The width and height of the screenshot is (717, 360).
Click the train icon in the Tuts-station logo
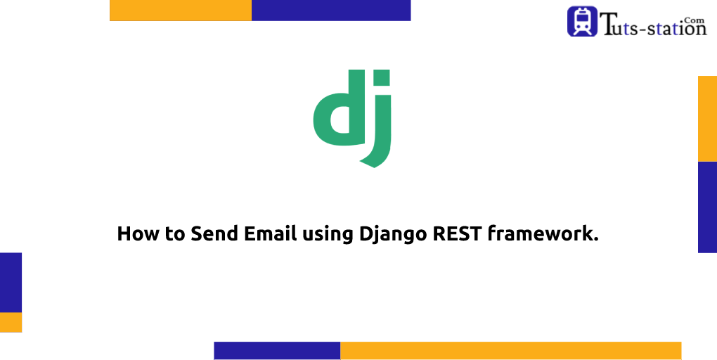pyautogui.click(x=582, y=21)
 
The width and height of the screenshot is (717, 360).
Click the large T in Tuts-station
pyautogui.click(x=609, y=25)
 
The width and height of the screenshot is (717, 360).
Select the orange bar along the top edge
pyautogui.click(x=181, y=10)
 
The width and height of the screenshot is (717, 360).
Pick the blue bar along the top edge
pyautogui.click(x=331, y=10)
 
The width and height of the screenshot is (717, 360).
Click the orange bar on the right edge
pyautogui.click(x=707, y=118)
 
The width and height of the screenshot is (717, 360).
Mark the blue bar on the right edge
pyautogui.click(x=707, y=207)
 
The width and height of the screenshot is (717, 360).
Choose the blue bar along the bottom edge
pyautogui.click(x=277, y=350)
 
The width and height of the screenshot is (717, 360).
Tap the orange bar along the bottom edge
pyautogui.click(x=510, y=350)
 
